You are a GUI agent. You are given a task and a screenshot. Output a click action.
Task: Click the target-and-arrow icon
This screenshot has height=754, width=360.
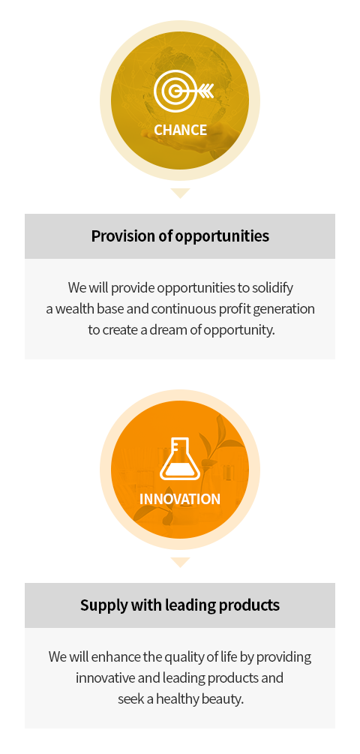click(183, 90)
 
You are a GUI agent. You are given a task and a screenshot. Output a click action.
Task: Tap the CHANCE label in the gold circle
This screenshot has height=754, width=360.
click(180, 130)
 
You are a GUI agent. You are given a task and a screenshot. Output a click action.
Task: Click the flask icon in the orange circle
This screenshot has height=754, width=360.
click(180, 458)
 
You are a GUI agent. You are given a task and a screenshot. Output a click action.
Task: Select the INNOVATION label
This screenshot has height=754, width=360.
click(180, 499)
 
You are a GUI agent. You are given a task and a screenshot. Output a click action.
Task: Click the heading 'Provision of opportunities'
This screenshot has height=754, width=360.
click(180, 236)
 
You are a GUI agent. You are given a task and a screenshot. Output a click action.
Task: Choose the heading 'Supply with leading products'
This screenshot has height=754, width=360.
click(180, 605)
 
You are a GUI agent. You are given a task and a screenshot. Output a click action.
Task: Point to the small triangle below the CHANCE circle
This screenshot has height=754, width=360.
click(180, 194)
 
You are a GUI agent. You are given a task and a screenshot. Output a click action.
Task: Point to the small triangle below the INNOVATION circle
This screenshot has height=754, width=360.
click(180, 563)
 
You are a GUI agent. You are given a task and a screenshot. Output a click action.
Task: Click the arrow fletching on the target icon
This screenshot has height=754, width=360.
click(207, 90)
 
